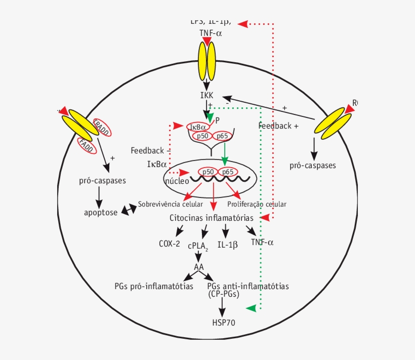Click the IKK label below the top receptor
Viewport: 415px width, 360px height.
pyautogui.click(x=206, y=95)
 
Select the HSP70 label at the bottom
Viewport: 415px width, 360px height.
pyautogui.click(x=224, y=322)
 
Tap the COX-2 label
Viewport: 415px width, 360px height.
pyautogui.click(x=169, y=244)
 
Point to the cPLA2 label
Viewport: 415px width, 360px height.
pyautogui.click(x=199, y=246)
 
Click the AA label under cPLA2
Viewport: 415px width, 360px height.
pyautogui.click(x=199, y=267)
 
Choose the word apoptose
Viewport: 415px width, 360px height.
pyautogui.click(x=101, y=212)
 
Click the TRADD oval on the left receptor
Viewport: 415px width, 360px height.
pyautogui.click(x=101, y=128)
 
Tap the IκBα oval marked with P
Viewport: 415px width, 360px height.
pyautogui.click(x=198, y=126)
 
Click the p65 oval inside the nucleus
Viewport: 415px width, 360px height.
pyautogui.click(x=228, y=172)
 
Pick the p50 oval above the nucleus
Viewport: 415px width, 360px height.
pyautogui.click(x=202, y=136)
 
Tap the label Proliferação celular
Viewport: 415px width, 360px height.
pyautogui.click(x=257, y=204)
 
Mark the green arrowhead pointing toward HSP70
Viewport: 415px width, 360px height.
pyautogui.click(x=251, y=308)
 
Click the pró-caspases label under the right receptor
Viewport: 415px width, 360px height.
pyautogui.click(x=313, y=165)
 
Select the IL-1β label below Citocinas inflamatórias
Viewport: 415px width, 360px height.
pyautogui.click(x=227, y=244)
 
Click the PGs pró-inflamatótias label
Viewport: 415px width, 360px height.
pyautogui.click(x=154, y=286)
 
